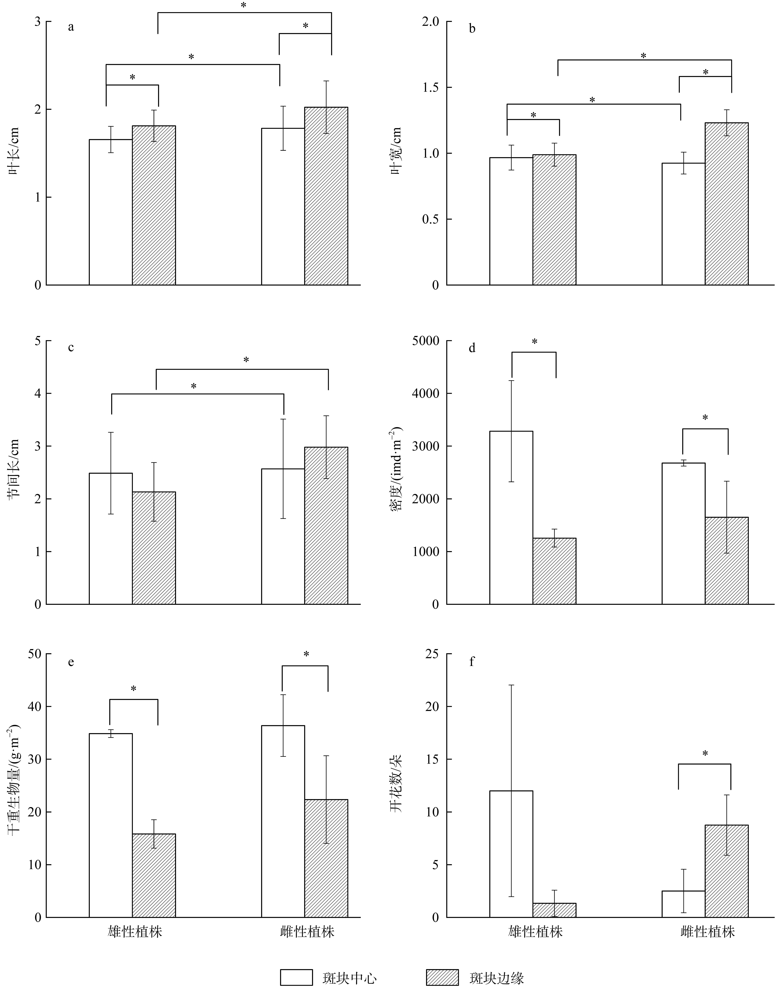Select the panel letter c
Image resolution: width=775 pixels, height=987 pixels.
(71, 348)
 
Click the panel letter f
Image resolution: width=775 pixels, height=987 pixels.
(472, 662)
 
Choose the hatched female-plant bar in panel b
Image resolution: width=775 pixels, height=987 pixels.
(726, 204)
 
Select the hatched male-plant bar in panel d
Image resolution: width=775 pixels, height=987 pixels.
(554, 571)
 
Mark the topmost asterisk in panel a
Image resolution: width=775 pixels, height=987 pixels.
(244, 5)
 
